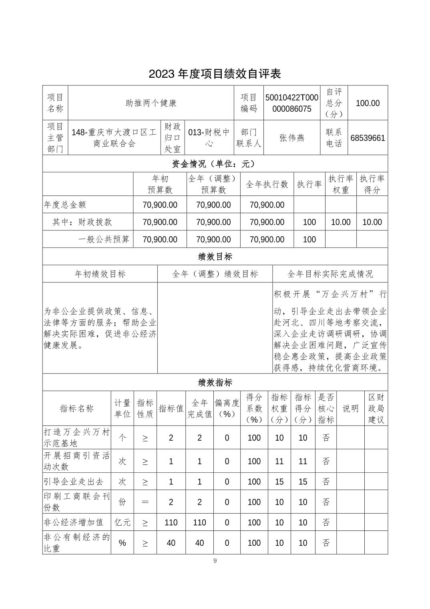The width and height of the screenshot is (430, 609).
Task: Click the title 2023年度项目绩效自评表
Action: coord(215,74)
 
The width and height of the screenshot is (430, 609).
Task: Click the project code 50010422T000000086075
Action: coord(292,103)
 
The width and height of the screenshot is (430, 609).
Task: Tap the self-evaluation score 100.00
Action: coord(368,103)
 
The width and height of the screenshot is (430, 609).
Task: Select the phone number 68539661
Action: coord(368,138)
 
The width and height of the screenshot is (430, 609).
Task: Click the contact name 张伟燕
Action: coord(292,138)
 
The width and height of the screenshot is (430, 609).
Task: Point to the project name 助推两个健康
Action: coord(151,103)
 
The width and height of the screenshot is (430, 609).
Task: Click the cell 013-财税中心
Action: coord(209,138)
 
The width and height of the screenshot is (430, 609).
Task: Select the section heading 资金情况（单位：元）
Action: coord(215,163)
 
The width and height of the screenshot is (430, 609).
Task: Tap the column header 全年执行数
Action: coord(267,184)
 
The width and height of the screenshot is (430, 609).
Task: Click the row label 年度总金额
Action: coord(65,205)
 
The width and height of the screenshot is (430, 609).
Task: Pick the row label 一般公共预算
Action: coord(104,240)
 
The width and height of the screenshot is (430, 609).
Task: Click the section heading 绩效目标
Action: coord(215,256)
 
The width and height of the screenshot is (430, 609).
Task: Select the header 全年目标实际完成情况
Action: coord(330,274)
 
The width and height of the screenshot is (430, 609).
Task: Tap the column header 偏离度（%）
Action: coord(227,408)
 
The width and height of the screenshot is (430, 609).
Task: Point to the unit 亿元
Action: coord(122,522)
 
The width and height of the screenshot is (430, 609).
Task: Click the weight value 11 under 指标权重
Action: coord(279,461)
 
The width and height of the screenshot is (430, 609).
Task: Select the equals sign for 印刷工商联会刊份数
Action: coord(145,502)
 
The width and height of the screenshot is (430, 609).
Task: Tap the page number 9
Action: coord(215,561)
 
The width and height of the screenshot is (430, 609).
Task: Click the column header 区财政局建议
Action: coord(376,408)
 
